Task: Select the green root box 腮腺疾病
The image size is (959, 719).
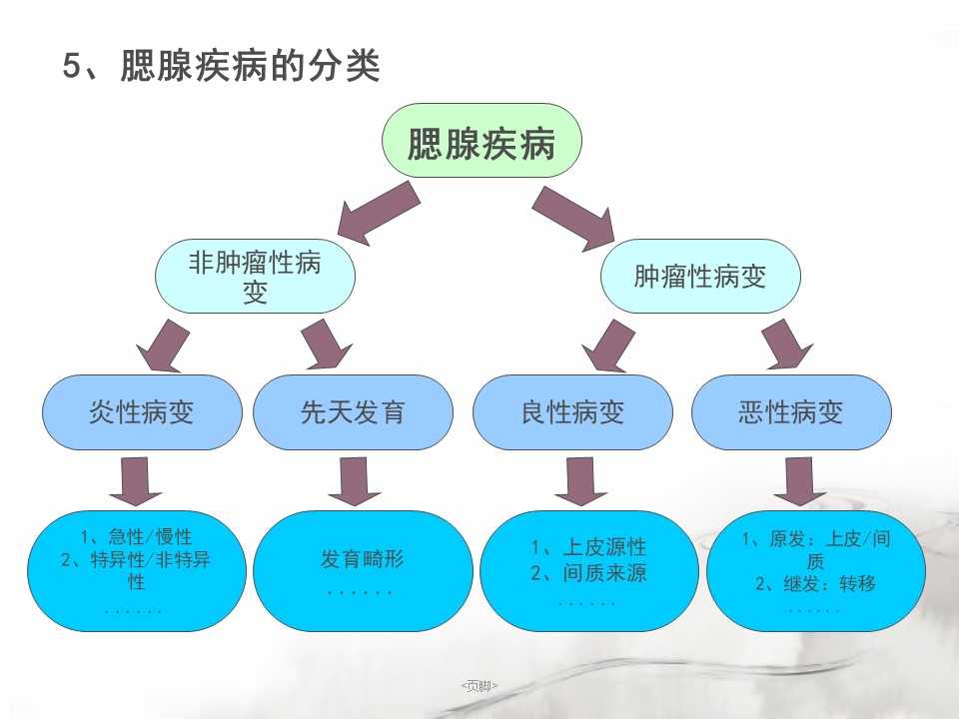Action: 481,141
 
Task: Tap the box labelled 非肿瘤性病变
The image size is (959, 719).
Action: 255,276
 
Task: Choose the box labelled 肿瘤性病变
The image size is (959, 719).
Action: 700,276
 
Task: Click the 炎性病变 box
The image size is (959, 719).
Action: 142,412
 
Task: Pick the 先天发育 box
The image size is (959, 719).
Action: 353,412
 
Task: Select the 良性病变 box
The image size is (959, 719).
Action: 573,412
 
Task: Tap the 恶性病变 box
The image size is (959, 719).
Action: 791,412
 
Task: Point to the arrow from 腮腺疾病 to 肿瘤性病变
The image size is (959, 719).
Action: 573,219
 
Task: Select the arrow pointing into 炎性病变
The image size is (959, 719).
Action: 163,347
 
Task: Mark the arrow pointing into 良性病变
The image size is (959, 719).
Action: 608,347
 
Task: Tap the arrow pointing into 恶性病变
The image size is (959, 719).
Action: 787,345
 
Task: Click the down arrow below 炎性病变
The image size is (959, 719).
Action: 135,481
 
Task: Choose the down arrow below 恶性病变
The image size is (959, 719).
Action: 799,481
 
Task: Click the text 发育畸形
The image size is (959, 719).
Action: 362,559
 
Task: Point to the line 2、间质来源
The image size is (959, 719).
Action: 588,573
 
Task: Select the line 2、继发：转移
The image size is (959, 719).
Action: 815,584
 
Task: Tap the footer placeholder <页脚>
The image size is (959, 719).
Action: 479,686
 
